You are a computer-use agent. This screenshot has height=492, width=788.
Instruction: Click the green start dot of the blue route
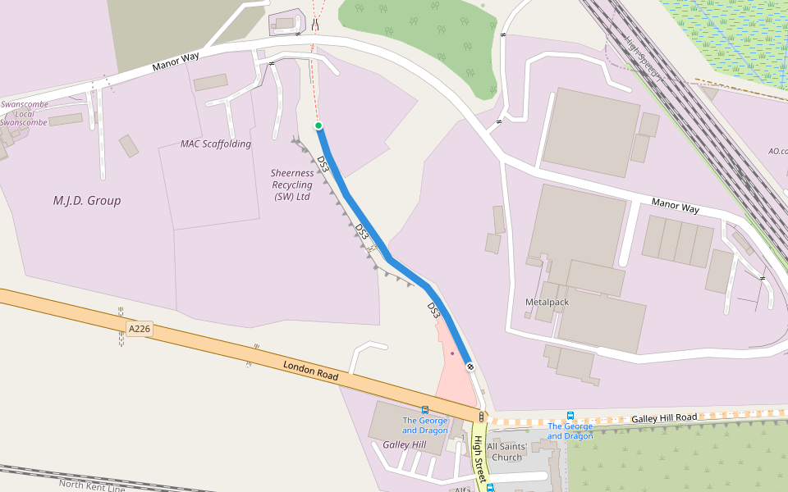click(x=318, y=125)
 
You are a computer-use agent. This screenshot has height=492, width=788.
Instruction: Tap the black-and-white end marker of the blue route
click(x=470, y=366)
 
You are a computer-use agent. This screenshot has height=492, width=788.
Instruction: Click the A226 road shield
click(x=140, y=329)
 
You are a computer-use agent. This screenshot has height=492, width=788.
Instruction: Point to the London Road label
click(x=311, y=370)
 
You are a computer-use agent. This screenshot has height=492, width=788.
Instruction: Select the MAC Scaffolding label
click(x=216, y=144)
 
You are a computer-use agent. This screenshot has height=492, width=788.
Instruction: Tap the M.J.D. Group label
click(x=87, y=200)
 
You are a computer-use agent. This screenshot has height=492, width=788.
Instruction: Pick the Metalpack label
click(x=547, y=302)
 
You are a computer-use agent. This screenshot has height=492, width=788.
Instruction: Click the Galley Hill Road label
click(x=664, y=418)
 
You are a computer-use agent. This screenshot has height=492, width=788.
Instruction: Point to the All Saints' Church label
click(x=506, y=452)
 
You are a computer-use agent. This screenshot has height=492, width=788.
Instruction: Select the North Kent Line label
click(x=92, y=485)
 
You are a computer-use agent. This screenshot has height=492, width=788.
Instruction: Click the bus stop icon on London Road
click(x=424, y=410)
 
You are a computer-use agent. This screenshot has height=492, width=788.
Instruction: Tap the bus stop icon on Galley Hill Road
click(x=570, y=416)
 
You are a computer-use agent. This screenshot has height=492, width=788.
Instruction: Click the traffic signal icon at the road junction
click(x=481, y=417)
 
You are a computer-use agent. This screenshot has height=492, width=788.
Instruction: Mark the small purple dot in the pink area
click(x=452, y=353)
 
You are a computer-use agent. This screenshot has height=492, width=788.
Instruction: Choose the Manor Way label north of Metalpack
click(x=675, y=206)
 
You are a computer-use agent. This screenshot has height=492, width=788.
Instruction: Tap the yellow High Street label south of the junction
click(x=478, y=455)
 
